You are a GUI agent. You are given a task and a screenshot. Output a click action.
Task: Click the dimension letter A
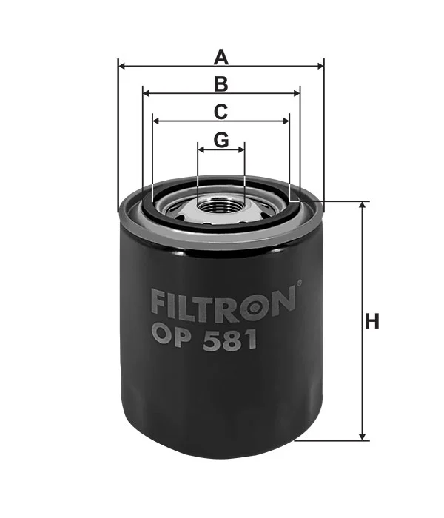(x=221, y=57)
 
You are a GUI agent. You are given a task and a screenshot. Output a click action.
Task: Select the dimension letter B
(x=221, y=84)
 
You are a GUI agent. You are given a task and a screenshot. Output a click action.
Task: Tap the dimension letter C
(x=221, y=112)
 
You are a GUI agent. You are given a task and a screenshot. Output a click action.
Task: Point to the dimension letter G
(x=221, y=140)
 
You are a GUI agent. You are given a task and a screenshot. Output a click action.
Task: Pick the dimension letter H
(x=372, y=321)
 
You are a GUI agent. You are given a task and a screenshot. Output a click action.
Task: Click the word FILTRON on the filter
(x=223, y=304)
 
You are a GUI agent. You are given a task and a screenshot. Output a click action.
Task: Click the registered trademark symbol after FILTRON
(x=299, y=283)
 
